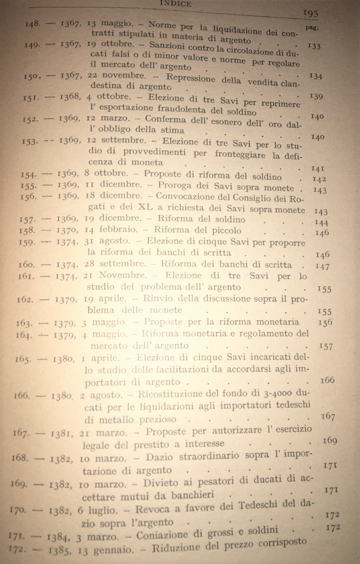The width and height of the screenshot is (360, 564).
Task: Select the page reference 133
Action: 314,47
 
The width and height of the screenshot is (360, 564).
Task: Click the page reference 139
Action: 316,96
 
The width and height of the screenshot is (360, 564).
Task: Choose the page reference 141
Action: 318,168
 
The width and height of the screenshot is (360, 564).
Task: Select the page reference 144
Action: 321,223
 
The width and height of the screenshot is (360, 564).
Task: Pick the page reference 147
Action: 322,266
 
